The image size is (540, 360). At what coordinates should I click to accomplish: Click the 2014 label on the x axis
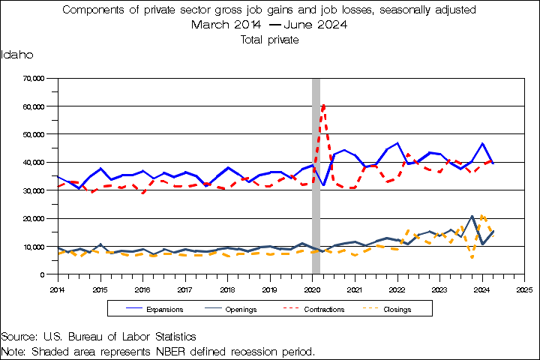(x=57, y=288)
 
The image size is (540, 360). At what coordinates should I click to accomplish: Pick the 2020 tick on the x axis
(x=312, y=288)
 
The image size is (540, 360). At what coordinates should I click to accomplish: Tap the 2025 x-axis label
(x=524, y=288)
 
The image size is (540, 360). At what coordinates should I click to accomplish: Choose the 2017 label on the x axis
(x=184, y=288)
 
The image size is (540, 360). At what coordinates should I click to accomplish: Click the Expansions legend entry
(x=165, y=308)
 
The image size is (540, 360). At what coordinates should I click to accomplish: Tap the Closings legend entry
(x=397, y=308)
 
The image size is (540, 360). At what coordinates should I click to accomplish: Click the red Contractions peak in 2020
(x=323, y=106)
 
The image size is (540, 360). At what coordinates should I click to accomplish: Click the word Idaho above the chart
(x=16, y=55)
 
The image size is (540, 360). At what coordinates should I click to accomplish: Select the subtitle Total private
(x=270, y=40)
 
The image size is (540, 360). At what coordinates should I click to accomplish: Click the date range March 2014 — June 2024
(x=270, y=25)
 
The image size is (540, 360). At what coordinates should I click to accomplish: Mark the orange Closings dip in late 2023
(x=472, y=258)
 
